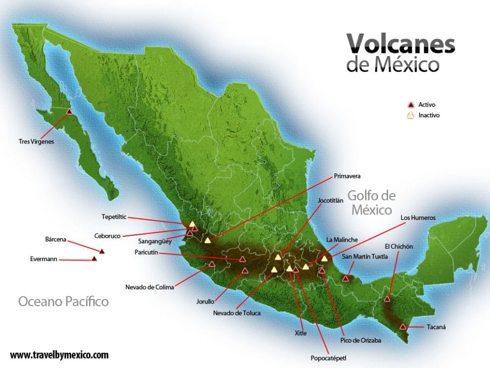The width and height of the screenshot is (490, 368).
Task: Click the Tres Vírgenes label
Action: click(x=35, y=141)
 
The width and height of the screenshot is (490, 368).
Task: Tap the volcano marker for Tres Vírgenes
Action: click(x=69, y=112)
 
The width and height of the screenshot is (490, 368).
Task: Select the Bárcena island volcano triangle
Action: click(x=102, y=252)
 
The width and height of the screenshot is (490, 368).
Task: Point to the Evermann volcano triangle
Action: click(x=94, y=259)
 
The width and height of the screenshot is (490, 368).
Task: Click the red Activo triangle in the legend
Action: click(x=410, y=105)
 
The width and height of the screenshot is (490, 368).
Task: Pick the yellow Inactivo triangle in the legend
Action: click(x=410, y=115)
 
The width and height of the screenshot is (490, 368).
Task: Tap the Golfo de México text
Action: click(x=371, y=202)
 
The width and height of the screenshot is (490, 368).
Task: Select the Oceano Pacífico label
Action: click(x=63, y=301)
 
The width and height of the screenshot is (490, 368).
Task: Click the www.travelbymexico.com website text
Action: click(x=59, y=355)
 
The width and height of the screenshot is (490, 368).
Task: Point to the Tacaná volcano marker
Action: click(x=403, y=326)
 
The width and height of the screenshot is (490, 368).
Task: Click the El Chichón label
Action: click(x=398, y=246)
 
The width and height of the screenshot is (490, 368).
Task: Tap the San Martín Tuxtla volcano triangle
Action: click(x=346, y=279)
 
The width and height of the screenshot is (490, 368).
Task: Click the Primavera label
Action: click(x=347, y=176)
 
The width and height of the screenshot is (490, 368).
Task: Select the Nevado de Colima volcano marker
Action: click(x=212, y=264)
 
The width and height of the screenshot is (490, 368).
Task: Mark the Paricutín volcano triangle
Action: click(x=243, y=259)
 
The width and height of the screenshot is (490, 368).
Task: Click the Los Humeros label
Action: click(x=418, y=217)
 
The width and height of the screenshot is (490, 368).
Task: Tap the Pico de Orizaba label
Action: click(x=361, y=340)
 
